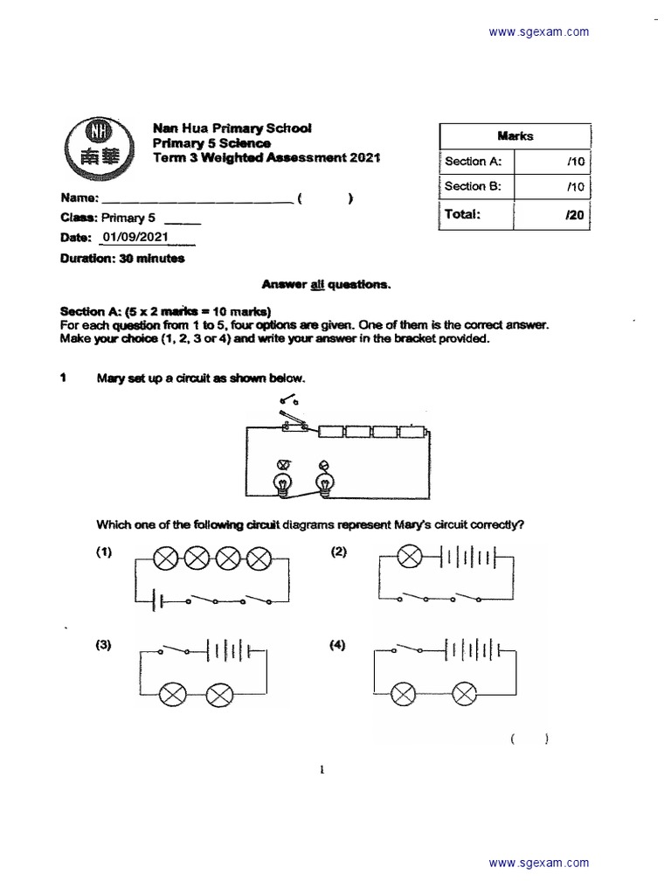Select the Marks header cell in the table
click(x=515, y=135)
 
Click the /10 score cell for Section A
click(x=552, y=162)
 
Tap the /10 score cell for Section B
click(x=552, y=186)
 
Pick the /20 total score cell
click(x=552, y=214)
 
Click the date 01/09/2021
click(x=135, y=237)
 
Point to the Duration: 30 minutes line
click(x=122, y=259)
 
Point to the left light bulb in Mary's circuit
click(x=284, y=482)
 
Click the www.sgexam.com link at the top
click(x=539, y=32)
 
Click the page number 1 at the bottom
click(x=322, y=770)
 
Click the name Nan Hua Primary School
click(x=232, y=128)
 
